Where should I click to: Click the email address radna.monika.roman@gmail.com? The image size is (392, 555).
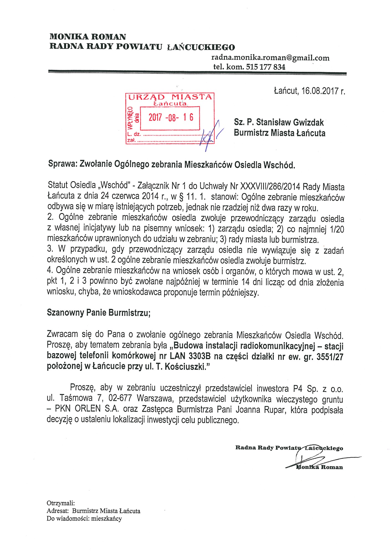click(270, 58)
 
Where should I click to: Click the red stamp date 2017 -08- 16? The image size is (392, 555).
click(171, 117)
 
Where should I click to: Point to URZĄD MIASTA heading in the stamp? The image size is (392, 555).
click(170, 97)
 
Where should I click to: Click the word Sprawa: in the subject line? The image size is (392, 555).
click(62, 164)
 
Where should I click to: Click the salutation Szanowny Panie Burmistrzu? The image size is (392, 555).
click(99, 312)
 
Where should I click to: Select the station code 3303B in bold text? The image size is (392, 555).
click(199, 356)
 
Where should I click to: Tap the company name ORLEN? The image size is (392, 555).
click(88, 409)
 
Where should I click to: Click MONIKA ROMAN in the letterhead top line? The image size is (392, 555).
click(88, 37)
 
